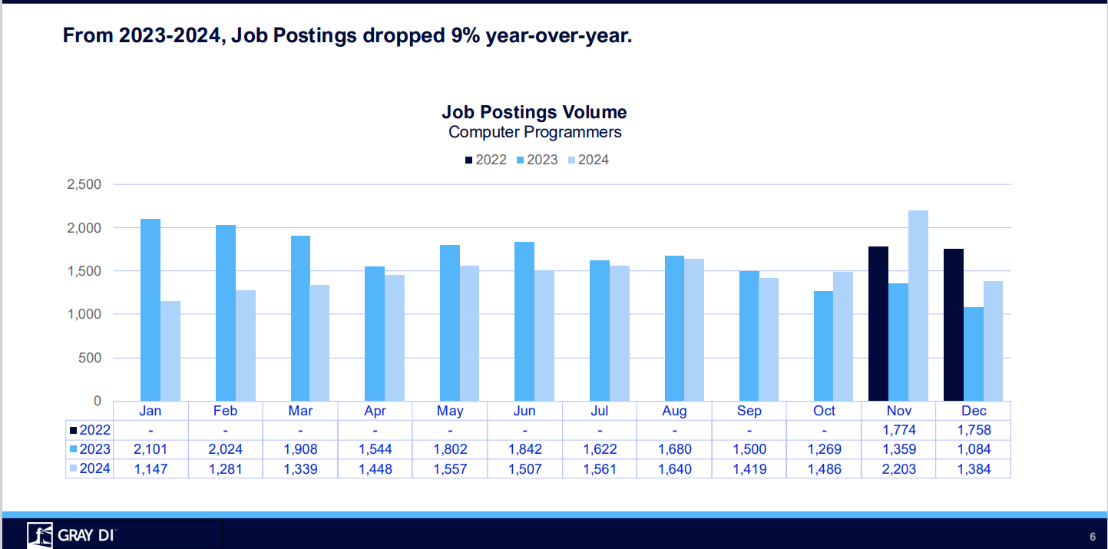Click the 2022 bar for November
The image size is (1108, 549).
tap(878, 323)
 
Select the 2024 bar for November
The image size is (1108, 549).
tap(918, 306)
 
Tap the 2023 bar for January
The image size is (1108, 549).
tap(150, 309)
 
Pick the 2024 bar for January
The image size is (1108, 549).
tap(170, 351)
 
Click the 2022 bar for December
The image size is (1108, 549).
tap(953, 325)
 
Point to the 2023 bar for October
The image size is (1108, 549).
tap(823, 346)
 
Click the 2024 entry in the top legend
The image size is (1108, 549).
tap(588, 160)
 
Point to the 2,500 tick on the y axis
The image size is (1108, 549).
tap(84, 185)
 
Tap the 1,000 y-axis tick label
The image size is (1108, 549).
tap(84, 315)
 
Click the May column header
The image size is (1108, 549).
tap(450, 411)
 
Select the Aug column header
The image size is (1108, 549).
tap(674, 411)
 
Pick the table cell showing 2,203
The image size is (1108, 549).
tap(899, 468)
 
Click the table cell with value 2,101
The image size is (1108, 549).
tap(150, 449)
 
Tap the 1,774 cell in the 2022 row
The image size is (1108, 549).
tap(899, 430)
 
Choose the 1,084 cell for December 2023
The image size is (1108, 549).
tap(974, 449)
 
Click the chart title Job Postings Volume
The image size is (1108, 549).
tap(534, 112)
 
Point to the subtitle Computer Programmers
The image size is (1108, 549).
tap(534, 132)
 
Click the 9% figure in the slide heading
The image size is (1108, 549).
tap(458, 36)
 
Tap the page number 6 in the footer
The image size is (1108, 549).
tap(1092, 536)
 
